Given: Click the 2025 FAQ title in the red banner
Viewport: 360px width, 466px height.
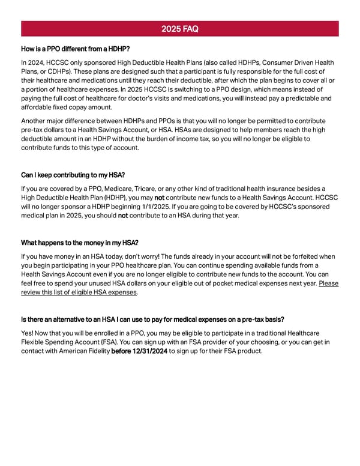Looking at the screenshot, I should pos(180,29).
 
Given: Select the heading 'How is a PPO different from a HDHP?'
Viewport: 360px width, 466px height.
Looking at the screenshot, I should pos(76,49).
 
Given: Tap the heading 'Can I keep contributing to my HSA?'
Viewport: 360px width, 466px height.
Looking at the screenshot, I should pos(73,175).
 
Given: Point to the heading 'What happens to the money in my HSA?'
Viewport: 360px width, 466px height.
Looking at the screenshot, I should pos(80,243).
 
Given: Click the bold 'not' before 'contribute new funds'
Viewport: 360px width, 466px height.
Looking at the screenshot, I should pos(160,198).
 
